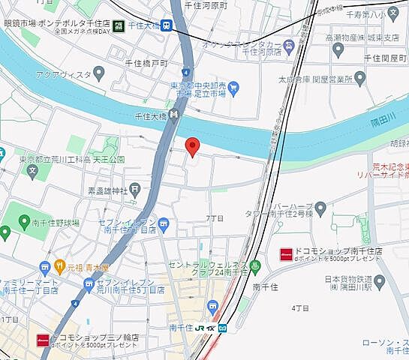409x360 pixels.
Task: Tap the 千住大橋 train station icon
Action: [x=167, y=24]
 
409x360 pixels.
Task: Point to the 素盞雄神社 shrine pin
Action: [x=134, y=188]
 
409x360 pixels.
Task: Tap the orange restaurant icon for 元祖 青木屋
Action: [x=59, y=265]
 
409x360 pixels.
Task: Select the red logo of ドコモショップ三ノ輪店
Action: [x=43, y=338]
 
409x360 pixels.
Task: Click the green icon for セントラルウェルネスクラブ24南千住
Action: [x=255, y=265]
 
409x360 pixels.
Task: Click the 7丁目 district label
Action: [x=215, y=217]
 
